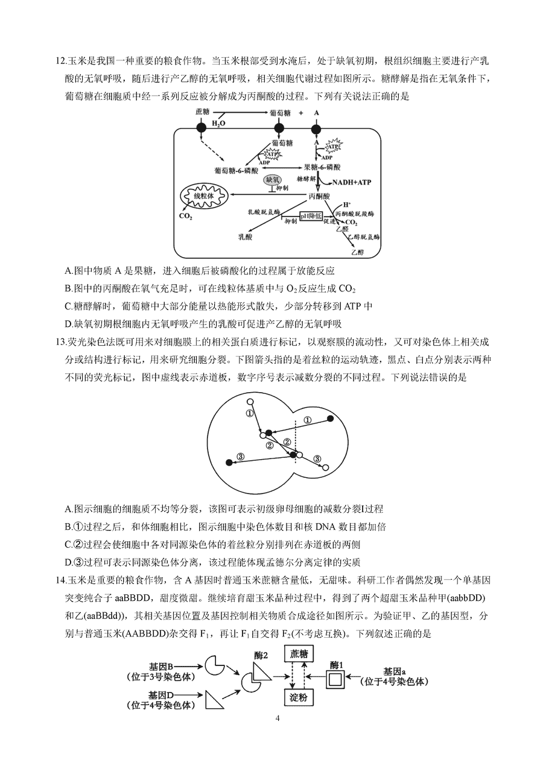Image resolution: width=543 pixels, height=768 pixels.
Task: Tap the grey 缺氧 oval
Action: click(x=272, y=179)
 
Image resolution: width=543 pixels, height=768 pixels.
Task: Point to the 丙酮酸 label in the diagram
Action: click(x=319, y=196)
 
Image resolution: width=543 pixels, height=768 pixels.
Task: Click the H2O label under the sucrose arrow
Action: click(x=218, y=124)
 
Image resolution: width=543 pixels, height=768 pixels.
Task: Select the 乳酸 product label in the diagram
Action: click(x=245, y=238)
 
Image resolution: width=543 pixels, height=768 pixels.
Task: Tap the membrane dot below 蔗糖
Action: click(x=200, y=129)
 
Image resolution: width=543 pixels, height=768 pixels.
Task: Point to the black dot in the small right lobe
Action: click(x=330, y=419)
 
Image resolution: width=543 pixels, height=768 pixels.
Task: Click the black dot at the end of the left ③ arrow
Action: click(x=229, y=462)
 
